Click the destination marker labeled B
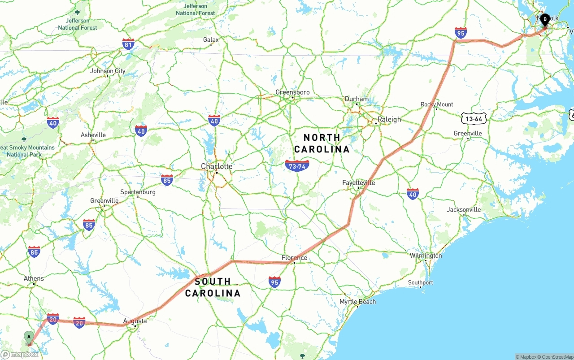pyautogui.click(x=545, y=20)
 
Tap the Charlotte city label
pyautogui.click(x=217, y=166)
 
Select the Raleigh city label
pyautogui.click(x=389, y=119)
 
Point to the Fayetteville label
pyautogui.click(x=358, y=183)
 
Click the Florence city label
pyautogui.click(x=294, y=257)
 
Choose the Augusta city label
pyautogui.click(x=135, y=321)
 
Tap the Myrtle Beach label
pyautogui.click(x=357, y=302)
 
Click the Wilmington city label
pyautogui.click(x=426, y=256)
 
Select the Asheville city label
pyautogui.click(x=93, y=135)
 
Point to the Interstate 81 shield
pyautogui.click(x=128, y=44)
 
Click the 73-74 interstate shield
pyautogui.click(x=297, y=166)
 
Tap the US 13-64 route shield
pyautogui.click(x=474, y=118)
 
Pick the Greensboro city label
pyautogui.click(x=292, y=92)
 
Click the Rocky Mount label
pyautogui.click(x=437, y=104)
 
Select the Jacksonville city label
pyautogui.click(x=464, y=209)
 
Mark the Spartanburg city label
pyautogui.click(x=138, y=192)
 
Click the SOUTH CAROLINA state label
pyautogui.click(x=213, y=287)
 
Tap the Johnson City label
pyautogui.click(x=108, y=71)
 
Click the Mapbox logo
pyautogui.click(x=20, y=354)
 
